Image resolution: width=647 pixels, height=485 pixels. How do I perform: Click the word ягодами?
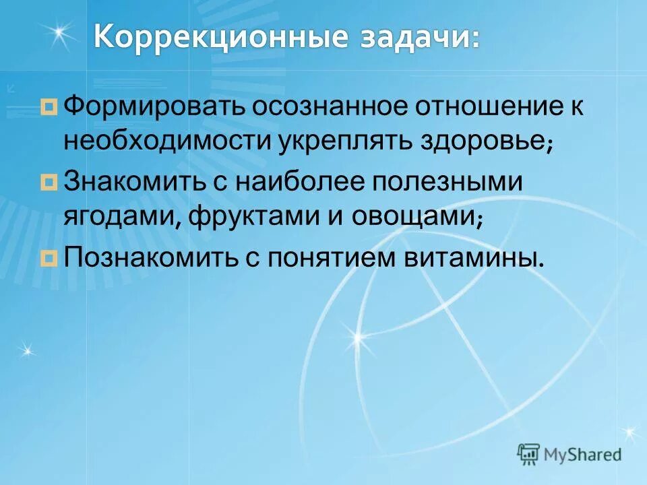pyautogui.click(x=121, y=218)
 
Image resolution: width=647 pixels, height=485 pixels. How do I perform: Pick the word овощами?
pyautogui.click(x=418, y=218)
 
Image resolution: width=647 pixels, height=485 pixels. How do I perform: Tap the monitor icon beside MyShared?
pyautogui.click(x=529, y=453)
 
